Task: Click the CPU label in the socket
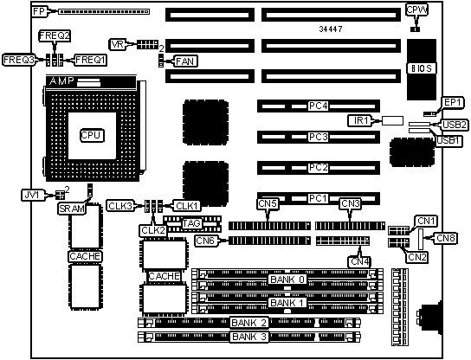92,135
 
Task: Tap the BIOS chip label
422,68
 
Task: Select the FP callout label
39,12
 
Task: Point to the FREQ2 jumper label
55,35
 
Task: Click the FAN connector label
185,61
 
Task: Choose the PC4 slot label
319,106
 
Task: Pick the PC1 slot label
319,198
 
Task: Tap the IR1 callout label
360,120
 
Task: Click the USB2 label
455,125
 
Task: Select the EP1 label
452,103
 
